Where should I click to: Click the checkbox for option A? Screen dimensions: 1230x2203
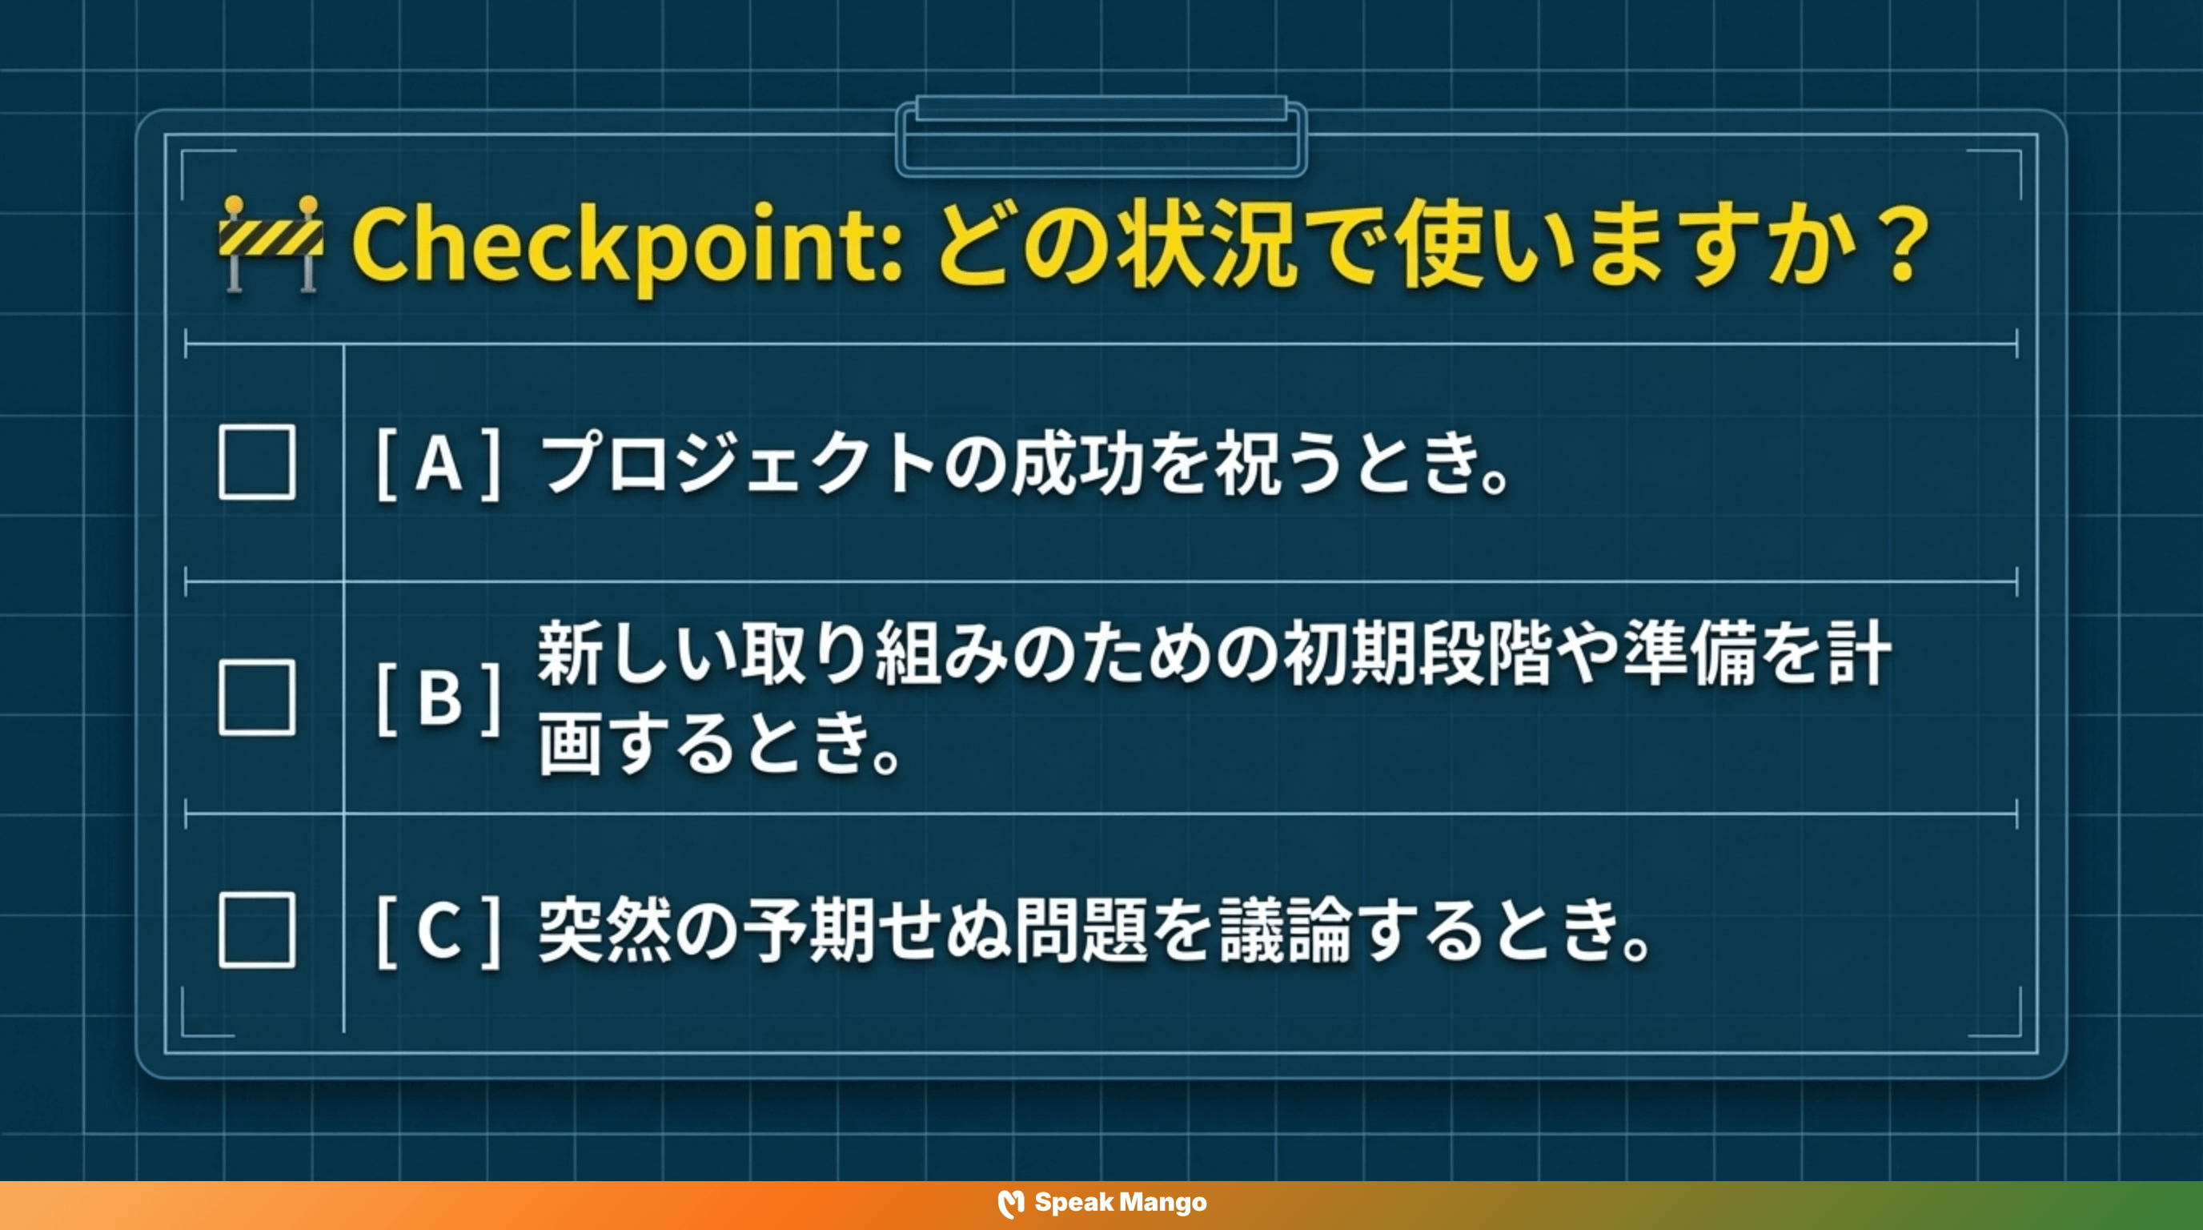coord(256,462)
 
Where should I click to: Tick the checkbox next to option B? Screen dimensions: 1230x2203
coord(256,697)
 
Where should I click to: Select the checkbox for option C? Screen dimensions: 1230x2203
coord(256,931)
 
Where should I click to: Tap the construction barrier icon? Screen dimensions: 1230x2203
coord(271,243)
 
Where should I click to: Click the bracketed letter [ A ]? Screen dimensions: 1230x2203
coord(439,463)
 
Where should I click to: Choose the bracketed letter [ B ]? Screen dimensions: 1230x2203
coord(439,698)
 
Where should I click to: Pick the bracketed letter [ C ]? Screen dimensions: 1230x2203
coord(439,931)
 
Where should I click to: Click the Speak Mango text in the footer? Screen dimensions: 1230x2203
coord(1121,1203)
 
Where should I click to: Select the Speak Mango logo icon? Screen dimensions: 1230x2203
coord(1011,1204)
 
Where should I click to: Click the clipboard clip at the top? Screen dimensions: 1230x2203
coord(1101,137)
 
